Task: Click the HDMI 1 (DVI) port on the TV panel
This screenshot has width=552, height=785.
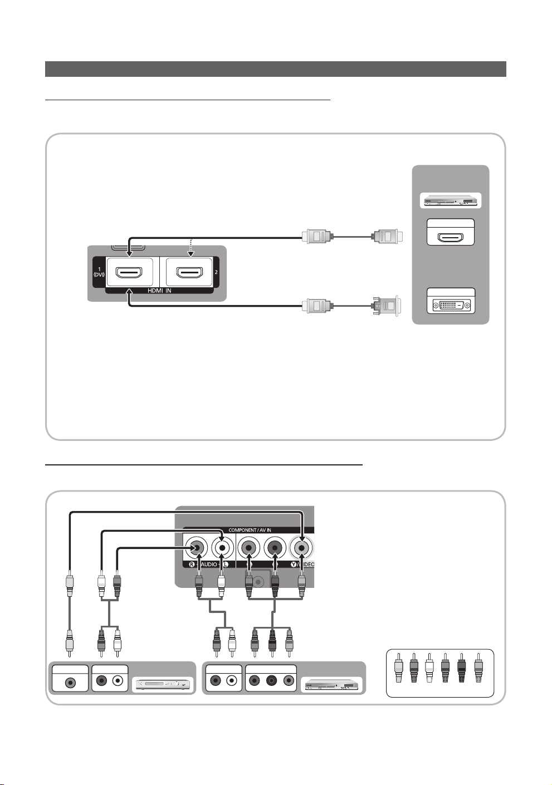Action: pos(129,273)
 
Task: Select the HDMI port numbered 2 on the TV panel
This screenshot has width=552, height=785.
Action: pos(189,273)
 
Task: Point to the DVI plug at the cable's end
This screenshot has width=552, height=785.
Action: pos(385,306)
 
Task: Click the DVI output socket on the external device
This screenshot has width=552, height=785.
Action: pos(451,305)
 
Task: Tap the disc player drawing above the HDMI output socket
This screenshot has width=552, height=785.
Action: pos(450,201)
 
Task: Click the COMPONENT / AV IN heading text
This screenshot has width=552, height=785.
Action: pos(250,530)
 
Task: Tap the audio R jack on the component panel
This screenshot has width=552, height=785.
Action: pos(196,548)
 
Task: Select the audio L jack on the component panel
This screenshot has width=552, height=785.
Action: pos(222,548)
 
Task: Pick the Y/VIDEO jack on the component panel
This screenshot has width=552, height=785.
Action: pos(301,548)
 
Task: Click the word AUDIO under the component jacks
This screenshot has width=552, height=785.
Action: pos(209,565)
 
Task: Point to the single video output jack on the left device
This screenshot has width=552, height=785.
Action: pos(70,681)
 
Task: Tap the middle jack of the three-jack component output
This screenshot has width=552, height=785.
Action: pos(271,680)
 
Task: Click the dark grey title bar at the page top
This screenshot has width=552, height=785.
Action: pos(275,69)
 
